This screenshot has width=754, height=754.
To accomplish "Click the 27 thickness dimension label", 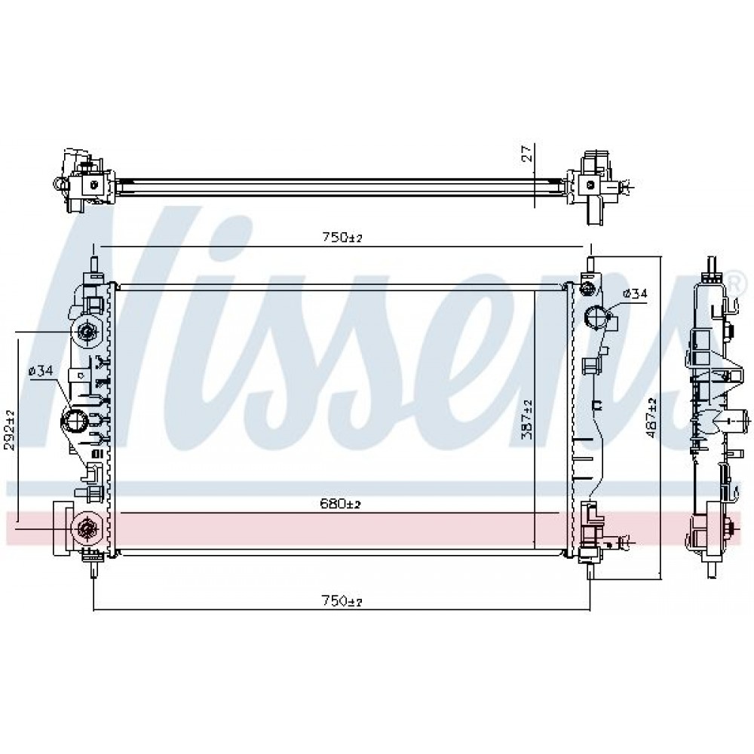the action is pos(528,153).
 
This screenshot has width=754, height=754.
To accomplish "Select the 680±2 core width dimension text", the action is pos(340,504).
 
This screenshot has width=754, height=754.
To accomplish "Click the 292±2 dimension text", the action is pos(9,430).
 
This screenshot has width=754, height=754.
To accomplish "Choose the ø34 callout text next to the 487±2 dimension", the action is pos(635,293).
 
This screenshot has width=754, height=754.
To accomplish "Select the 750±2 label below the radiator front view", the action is pos(342,600).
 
